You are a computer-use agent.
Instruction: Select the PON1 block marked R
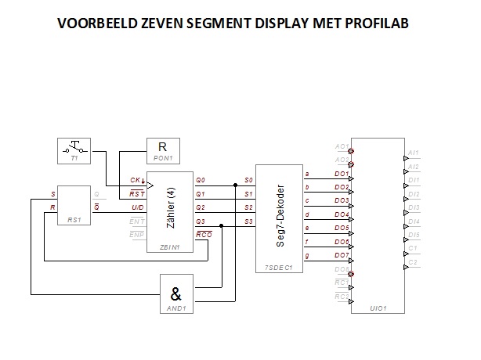click(x=162, y=149)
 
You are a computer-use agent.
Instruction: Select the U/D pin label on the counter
click(x=136, y=207)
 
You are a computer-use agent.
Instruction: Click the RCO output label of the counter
click(x=204, y=235)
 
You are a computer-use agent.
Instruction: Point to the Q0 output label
click(x=201, y=180)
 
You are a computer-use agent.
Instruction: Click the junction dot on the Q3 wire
click(x=222, y=225)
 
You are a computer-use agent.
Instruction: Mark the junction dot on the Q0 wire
click(x=236, y=185)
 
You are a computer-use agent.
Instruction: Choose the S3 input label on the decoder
click(x=248, y=221)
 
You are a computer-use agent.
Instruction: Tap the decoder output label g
click(x=306, y=256)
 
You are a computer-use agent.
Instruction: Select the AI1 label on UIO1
click(x=414, y=153)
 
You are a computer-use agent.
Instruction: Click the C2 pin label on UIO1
click(x=413, y=262)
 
